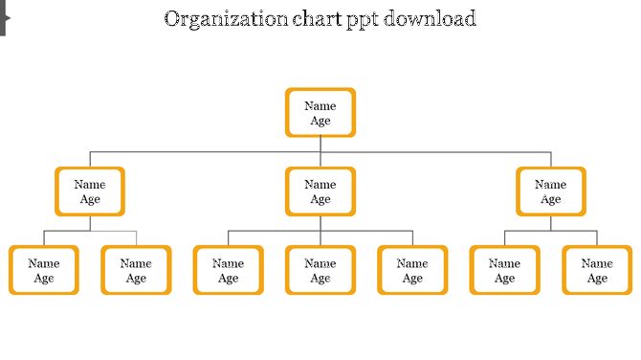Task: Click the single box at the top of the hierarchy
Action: pyautogui.click(x=320, y=113)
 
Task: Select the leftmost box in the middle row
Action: pyautogui.click(x=90, y=191)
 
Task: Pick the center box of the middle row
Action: pyautogui.click(x=320, y=191)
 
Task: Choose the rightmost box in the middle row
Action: pyautogui.click(x=551, y=191)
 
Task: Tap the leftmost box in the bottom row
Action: pyautogui.click(x=44, y=270)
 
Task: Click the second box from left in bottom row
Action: pyautogui.click(x=136, y=270)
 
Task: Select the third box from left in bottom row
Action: pyautogui.click(x=228, y=270)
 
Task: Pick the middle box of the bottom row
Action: pyautogui.click(x=320, y=270)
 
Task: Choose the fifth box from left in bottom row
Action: pyautogui.click(x=412, y=270)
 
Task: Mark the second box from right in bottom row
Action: pyautogui.click(x=504, y=270)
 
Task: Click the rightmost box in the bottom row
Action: pyautogui.click(x=597, y=270)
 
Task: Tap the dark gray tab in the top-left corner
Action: pyautogui.click(x=4, y=17)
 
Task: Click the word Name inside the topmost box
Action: pyautogui.click(x=320, y=105)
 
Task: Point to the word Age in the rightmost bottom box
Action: pyautogui.click(x=597, y=279)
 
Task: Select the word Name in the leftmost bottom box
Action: pyautogui.click(x=44, y=263)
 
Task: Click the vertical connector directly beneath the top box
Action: pyautogui.click(x=320, y=145)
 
